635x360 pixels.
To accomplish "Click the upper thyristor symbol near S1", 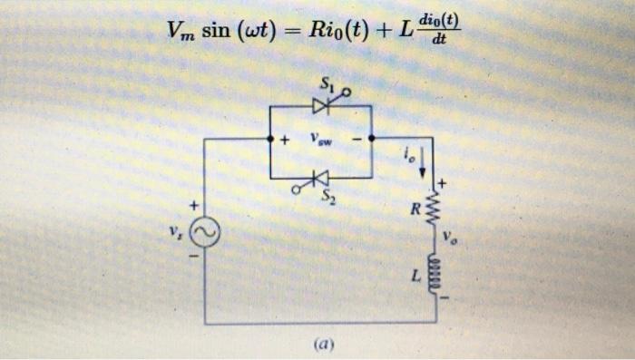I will tap(320, 106).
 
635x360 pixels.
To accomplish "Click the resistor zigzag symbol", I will tap(434, 209).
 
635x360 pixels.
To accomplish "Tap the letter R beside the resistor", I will tap(415, 210).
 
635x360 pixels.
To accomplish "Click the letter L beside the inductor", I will tap(415, 274).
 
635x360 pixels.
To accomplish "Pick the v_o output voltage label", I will tap(452, 239).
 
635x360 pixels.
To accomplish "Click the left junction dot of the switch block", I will tap(270, 139).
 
